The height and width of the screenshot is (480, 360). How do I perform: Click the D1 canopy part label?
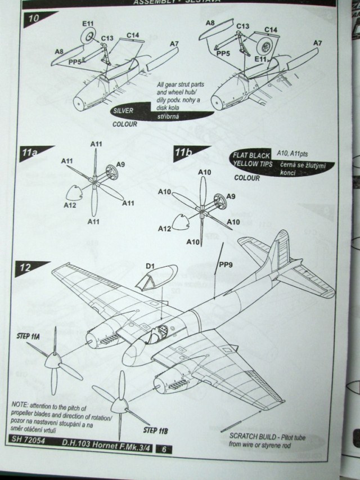click(150, 266)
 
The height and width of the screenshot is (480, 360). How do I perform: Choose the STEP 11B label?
click(157, 431)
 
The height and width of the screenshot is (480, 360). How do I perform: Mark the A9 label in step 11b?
click(230, 196)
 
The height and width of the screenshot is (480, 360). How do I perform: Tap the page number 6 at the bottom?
click(163, 450)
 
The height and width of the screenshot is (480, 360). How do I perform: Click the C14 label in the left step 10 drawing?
click(133, 36)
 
